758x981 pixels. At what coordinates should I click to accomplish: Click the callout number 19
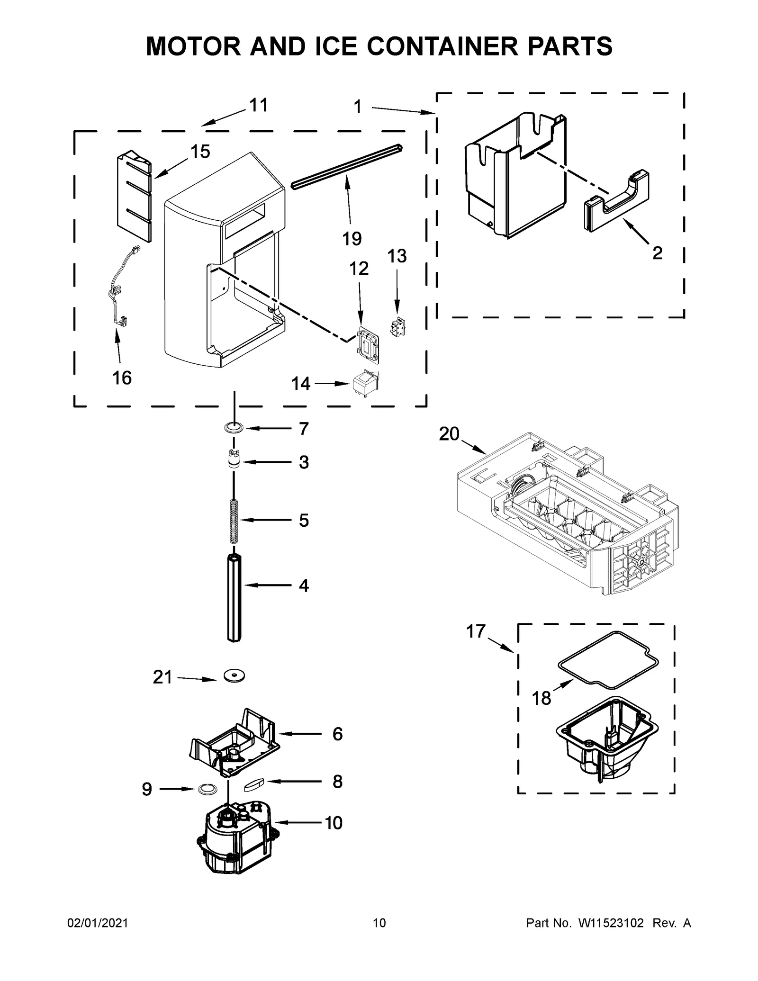point(352,239)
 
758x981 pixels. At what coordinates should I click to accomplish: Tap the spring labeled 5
point(234,521)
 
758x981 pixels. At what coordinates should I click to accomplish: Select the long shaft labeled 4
point(234,599)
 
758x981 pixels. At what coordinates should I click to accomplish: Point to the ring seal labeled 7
point(234,428)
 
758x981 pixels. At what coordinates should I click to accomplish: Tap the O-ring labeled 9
point(206,789)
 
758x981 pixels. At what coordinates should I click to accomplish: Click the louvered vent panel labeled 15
point(134,196)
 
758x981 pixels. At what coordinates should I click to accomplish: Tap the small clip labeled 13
point(396,326)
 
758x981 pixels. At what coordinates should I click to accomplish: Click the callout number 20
point(449,434)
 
